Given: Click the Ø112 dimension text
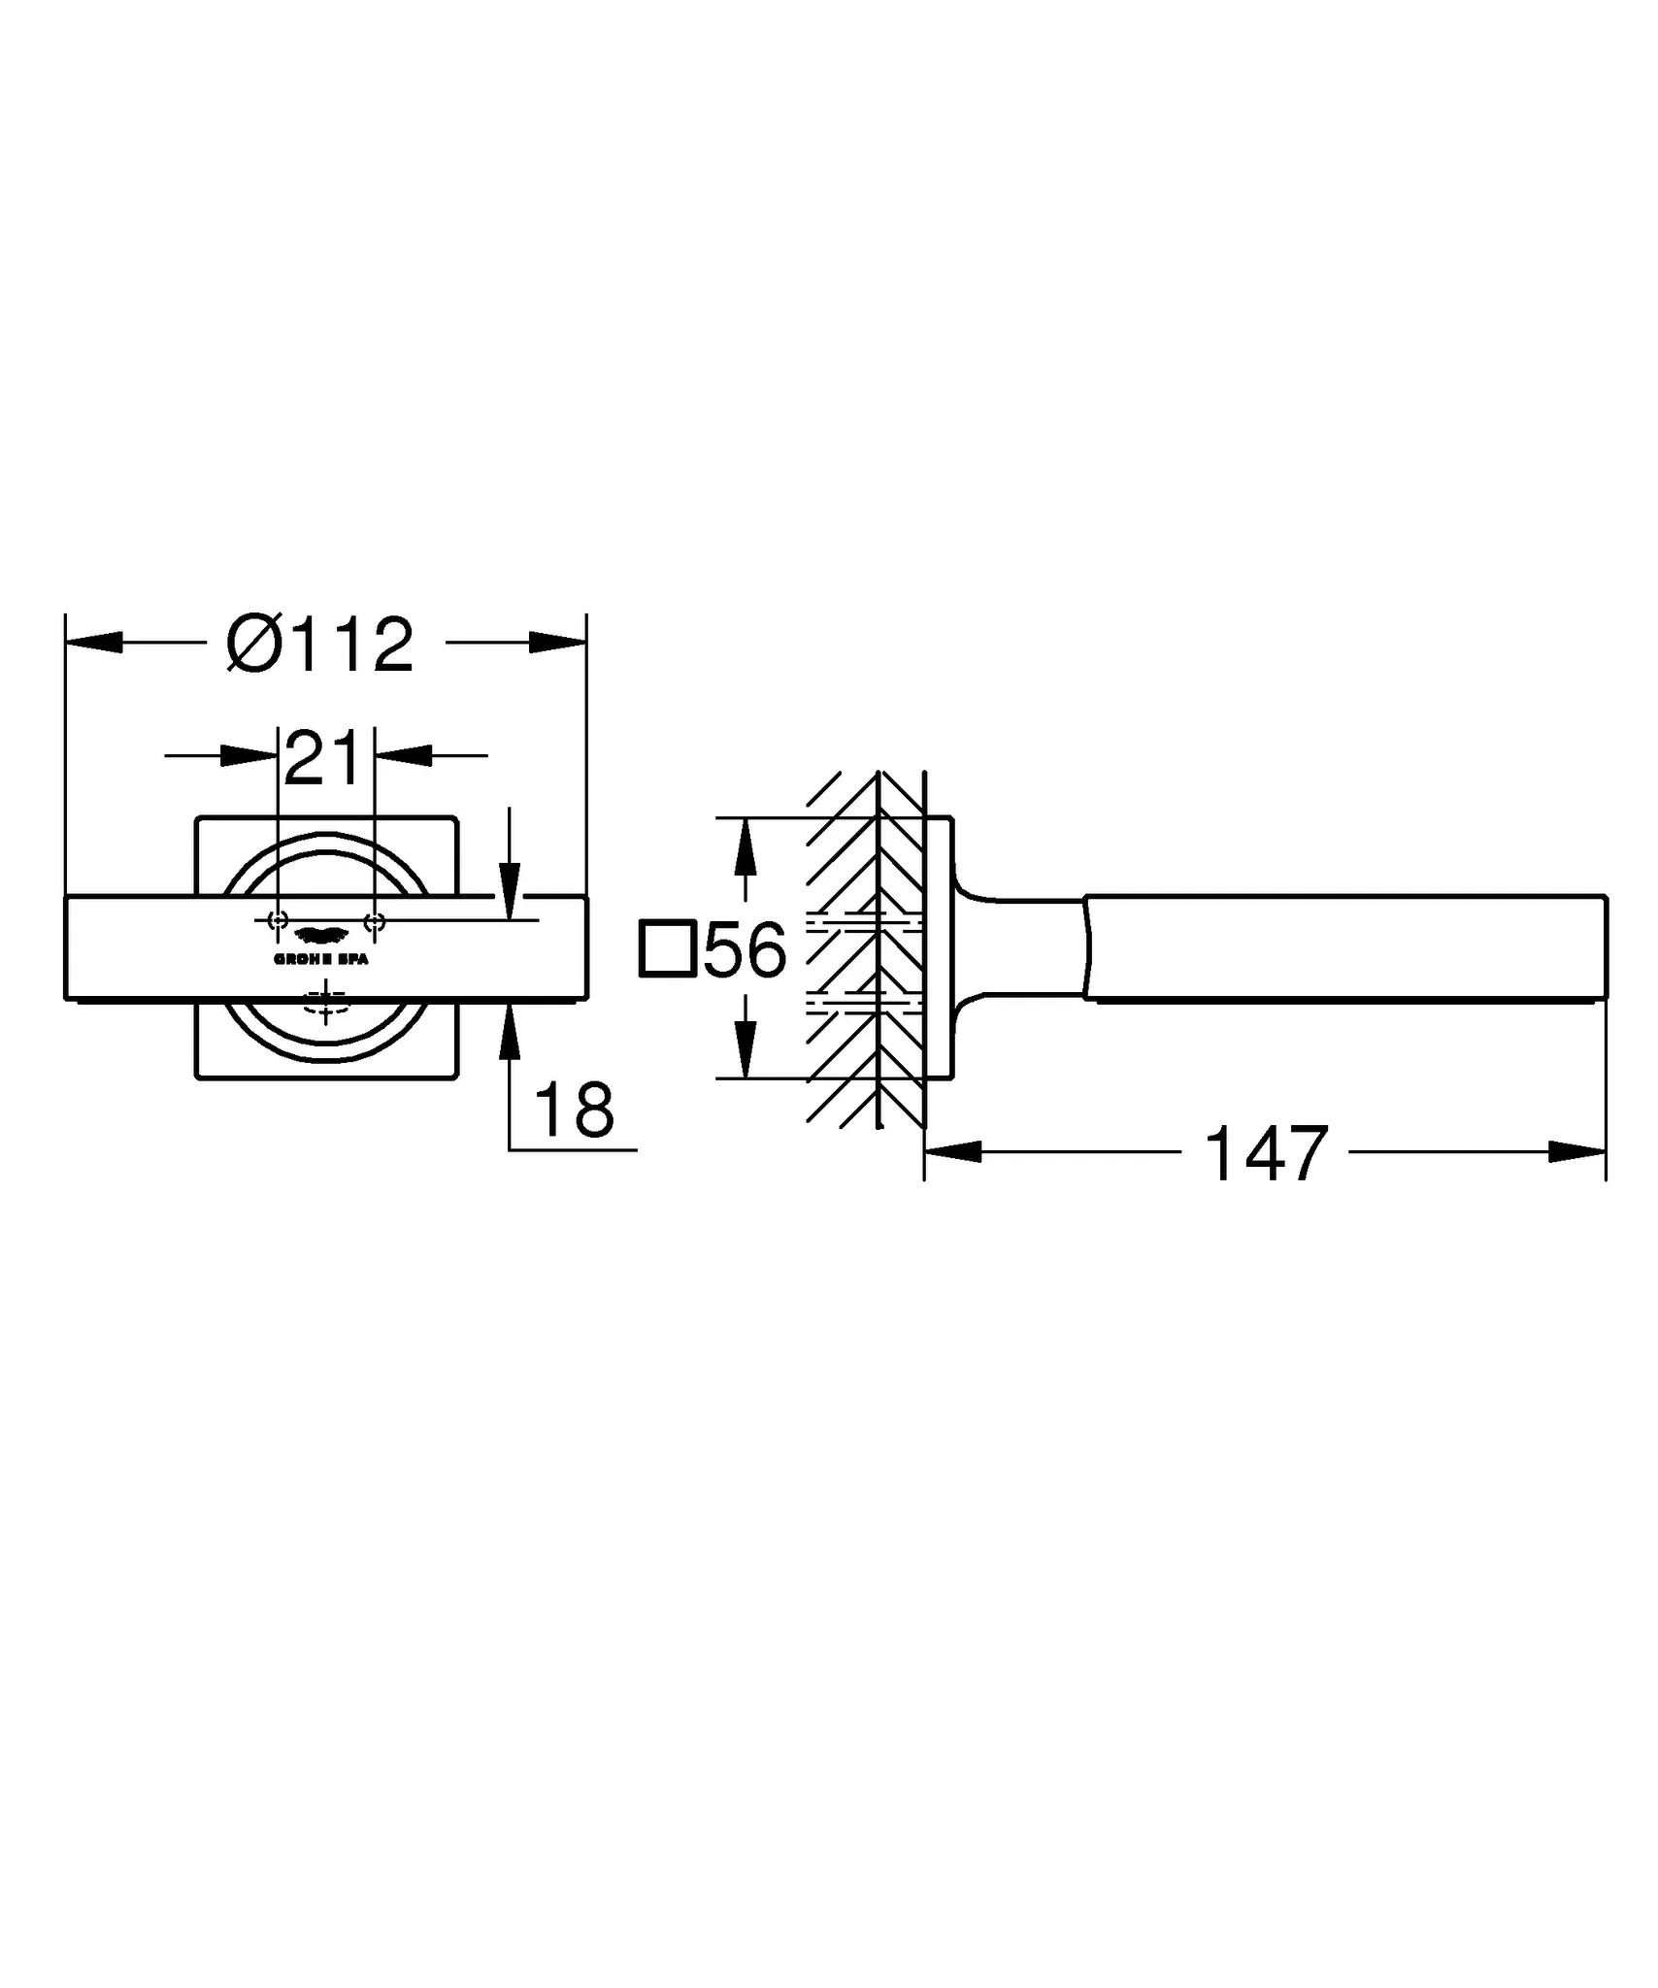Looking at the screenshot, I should click(x=320, y=644).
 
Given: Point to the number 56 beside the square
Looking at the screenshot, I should click(x=745, y=950).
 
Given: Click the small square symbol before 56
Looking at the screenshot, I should click(x=667, y=948).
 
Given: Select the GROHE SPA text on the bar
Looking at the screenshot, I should click(x=321, y=959).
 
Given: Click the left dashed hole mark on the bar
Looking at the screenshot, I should click(x=278, y=920).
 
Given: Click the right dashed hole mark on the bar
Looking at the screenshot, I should click(x=375, y=920).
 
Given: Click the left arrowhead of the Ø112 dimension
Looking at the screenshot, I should click(x=93, y=643).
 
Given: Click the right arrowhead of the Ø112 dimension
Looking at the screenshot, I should click(x=558, y=643).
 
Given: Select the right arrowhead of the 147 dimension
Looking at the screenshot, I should click(x=1577, y=1152).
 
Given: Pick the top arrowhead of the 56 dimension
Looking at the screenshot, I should click(x=745, y=845).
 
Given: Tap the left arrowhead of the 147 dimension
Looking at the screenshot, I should click(x=953, y=1152).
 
